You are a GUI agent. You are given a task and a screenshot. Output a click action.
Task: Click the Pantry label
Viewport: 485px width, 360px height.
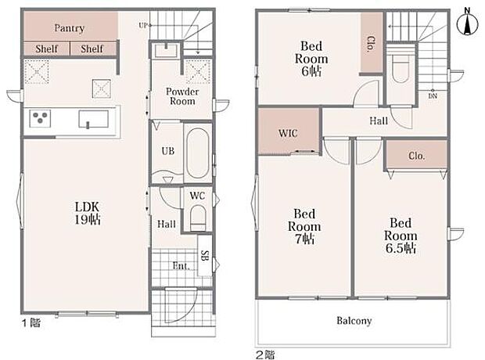pos(70,28)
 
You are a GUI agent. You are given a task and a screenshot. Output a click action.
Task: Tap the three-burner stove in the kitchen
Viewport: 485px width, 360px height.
pos(40,118)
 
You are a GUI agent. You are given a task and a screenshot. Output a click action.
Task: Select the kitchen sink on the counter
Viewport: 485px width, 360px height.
pos(93,119)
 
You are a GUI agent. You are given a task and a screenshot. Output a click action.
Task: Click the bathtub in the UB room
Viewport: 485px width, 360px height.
pos(198,153)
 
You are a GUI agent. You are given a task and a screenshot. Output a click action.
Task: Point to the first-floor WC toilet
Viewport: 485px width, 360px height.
pos(198,218)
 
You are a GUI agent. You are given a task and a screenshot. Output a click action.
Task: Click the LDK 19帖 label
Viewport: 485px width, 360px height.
pos(88,213)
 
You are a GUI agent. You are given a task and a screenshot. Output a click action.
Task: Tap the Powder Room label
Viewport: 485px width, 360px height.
pos(182,96)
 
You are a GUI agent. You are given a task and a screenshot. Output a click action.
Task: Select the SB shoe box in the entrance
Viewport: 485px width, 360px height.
pos(205,255)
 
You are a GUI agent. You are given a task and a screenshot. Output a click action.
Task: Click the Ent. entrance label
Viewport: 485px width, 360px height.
pos(181,266)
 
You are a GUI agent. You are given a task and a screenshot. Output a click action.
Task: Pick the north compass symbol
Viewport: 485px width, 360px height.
pos(467,22)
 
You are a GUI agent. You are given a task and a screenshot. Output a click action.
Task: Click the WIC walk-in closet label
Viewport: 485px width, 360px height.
pos(288,133)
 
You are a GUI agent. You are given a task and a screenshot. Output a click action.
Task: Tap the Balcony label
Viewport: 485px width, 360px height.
pos(354,321)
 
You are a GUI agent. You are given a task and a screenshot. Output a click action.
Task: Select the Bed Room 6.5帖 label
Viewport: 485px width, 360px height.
pos(401,236)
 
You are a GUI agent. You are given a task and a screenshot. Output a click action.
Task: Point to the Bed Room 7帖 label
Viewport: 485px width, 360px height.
pos(304,226)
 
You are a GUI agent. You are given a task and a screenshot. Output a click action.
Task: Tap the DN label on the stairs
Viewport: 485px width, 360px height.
pos(433,96)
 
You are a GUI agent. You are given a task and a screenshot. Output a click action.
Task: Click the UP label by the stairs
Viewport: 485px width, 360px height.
pos(143,26)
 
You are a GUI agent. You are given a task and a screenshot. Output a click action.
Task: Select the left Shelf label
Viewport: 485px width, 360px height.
pos(47,49)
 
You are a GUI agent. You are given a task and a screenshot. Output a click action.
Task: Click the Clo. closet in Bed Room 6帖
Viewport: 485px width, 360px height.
pos(372,44)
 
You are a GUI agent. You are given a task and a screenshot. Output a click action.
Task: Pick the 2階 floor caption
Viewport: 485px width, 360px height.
pos(264,355)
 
